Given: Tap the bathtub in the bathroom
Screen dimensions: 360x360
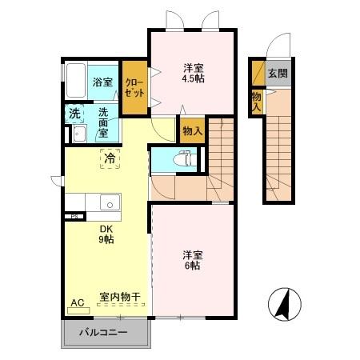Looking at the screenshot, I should (x=74, y=80).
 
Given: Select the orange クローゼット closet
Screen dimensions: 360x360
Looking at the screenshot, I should (x=134, y=87).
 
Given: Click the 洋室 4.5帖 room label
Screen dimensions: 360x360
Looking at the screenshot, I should (x=194, y=73).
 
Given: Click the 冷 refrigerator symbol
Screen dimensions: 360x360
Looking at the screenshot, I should (x=109, y=159).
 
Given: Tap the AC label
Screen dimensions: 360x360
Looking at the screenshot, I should (x=78, y=302).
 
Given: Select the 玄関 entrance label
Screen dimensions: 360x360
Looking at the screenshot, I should (x=277, y=74).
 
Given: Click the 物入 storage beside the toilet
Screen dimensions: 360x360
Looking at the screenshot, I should (x=191, y=130).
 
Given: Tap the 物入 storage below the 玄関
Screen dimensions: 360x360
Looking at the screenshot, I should (x=256, y=98).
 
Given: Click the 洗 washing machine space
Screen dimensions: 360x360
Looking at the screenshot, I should (x=74, y=114).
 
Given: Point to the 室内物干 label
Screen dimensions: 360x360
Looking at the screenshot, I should (x=120, y=297).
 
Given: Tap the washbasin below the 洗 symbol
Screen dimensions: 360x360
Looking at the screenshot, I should (x=79, y=134).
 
